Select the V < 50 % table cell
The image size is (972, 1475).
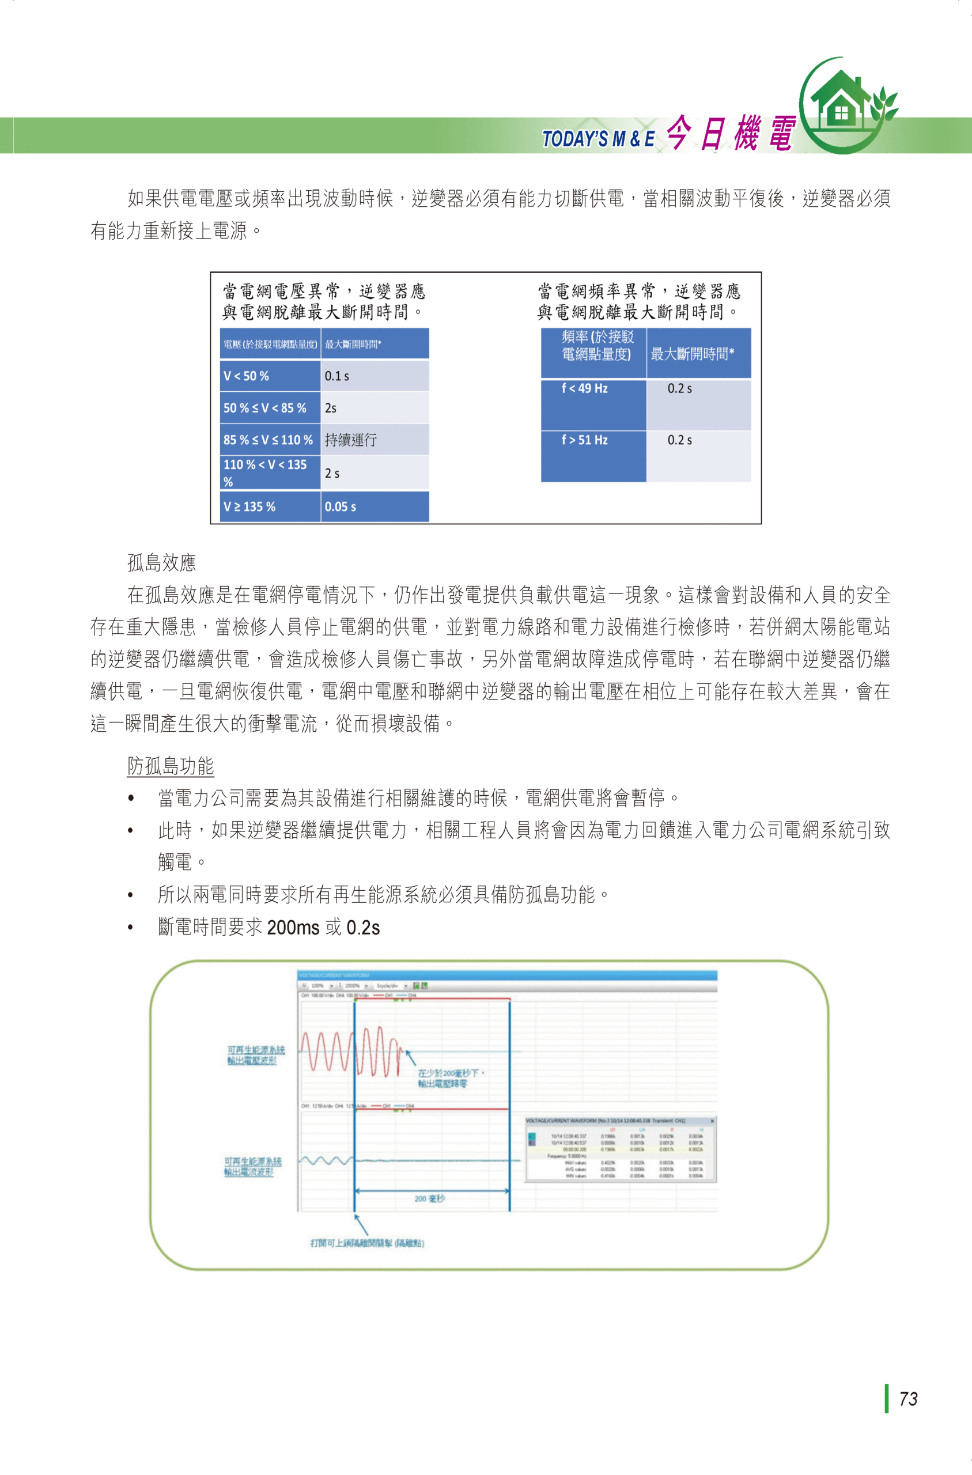[270, 376]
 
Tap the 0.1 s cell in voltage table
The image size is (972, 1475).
[374, 376]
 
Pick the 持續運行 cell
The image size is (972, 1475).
[374, 440]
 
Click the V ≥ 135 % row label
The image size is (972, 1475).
[270, 507]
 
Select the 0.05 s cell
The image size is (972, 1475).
[374, 507]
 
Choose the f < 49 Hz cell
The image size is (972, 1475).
[593, 404]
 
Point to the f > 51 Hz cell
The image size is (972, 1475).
[593, 456]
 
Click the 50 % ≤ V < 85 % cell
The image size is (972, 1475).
[270, 408]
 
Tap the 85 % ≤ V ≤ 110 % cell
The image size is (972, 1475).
[270, 440]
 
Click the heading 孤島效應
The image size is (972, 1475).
[162, 563]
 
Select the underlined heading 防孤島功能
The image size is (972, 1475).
[171, 766]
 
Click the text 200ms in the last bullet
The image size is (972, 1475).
[293, 927]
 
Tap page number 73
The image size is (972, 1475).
[908, 1399]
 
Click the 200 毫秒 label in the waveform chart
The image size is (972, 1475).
[430, 1198]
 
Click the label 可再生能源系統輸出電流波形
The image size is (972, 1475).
[252, 1166]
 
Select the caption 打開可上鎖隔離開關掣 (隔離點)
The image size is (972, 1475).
[367, 1243]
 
